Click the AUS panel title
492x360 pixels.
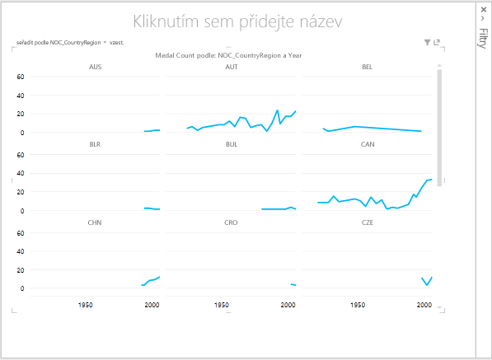pyautogui.click(x=95, y=67)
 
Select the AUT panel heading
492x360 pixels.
pyautogui.click(x=232, y=67)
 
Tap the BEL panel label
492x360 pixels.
pyautogui.click(x=367, y=67)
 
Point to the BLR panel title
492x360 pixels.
pyautogui.click(x=95, y=144)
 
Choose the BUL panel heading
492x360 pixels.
pyautogui.click(x=232, y=144)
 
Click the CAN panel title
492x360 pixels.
pyautogui.click(x=368, y=144)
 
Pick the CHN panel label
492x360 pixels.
pyautogui.click(x=95, y=222)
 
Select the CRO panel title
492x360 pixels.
pyautogui.click(x=231, y=222)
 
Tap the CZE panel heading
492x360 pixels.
pyautogui.click(x=367, y=222)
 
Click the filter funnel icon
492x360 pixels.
pyautogui.click(x=427, y=42)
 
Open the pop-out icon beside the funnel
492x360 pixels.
pyautogui.click(x=437, y=42)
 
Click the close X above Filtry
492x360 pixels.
pyautogui.click(x=483, y=10)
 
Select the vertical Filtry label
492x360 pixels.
pyautogui.click(x=483, y=38)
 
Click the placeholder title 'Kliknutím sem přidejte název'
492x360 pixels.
pyautogui.click(x=237, y=22)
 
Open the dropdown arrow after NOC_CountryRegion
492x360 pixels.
pyautogui.click(x=105, y=42)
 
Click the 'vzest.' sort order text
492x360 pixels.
pyautogui.click(x=116, y=43)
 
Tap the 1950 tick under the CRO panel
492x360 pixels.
pyautogui.click(x=221, y=305)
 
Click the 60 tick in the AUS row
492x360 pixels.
pyautogui.click(x=21, y=77)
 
